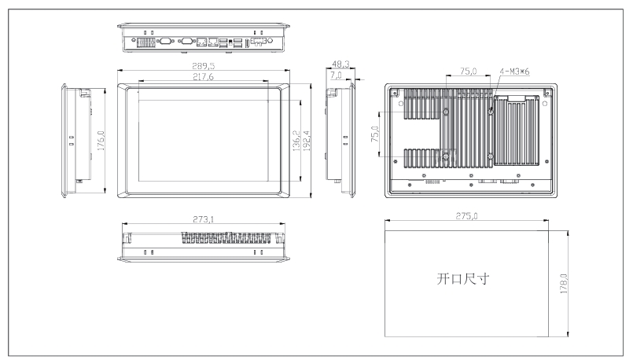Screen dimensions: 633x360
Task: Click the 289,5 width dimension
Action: [204, 66]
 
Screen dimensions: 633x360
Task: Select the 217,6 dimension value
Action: [203, 77]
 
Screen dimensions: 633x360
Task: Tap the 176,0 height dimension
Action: [101, 141]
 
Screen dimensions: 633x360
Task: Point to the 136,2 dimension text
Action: [296, 141]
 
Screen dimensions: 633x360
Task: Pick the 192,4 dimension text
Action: [307, 141]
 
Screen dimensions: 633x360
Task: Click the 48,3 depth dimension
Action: [340, 64]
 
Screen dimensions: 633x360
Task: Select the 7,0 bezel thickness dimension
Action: [336, 75]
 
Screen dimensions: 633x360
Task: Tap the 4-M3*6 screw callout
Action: [514, 72]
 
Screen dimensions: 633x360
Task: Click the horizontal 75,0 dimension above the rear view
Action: [469, 72]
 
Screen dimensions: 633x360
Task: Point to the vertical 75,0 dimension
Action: [375, 134]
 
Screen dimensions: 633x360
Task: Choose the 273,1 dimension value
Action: [204, 219]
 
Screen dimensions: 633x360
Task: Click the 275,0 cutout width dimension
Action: [466, 216]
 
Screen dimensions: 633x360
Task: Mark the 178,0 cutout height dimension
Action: [564, 283]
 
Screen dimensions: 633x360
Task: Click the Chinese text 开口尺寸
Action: [462, 278]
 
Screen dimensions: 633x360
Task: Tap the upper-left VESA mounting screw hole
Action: [446, 112]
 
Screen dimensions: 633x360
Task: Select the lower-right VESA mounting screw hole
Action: [490, 156]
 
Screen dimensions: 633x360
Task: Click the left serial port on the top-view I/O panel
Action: [165, 40]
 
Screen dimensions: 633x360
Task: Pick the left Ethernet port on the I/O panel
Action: [201, 42]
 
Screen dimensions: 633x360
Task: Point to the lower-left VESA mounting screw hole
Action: [446, 156]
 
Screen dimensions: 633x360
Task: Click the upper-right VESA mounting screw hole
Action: [491, 112]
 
